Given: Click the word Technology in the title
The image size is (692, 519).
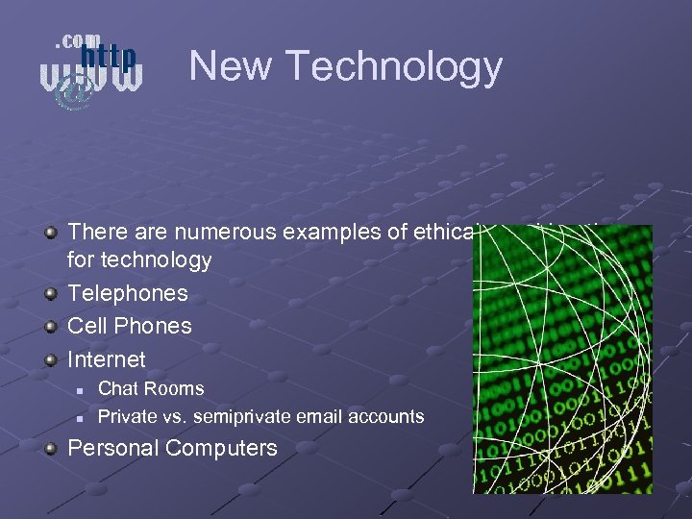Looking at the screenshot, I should pos(394,67).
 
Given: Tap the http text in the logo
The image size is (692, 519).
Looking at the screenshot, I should pos(107,58).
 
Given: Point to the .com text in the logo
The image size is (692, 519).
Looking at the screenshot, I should pos(77,40).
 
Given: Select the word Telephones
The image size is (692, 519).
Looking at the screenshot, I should pos(128,293).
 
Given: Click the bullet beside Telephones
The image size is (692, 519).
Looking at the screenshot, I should pos(50,293).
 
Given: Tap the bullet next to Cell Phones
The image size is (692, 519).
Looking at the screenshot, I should pos(50,326).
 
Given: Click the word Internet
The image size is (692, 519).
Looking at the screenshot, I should pos(107,359).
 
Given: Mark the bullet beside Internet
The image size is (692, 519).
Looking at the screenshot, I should pos(50,359).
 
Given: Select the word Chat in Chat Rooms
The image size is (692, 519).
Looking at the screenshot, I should pos(118,389).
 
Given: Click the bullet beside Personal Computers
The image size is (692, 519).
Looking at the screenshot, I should pos(50,448).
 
